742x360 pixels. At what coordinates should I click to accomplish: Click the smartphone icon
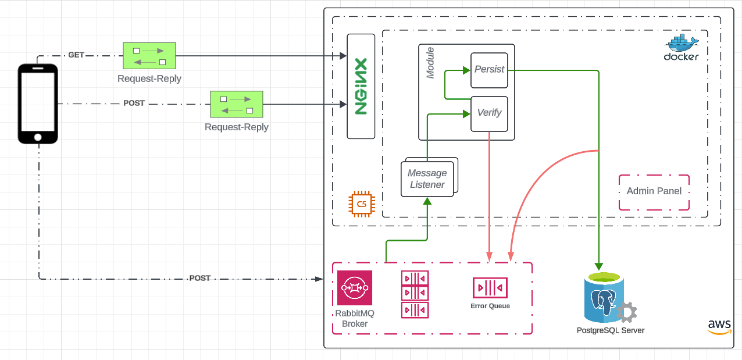(x=38, y=103)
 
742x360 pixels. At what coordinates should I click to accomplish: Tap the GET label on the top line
(x=76, y=55)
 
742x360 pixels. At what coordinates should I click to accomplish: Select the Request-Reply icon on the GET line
(x=149, y=56)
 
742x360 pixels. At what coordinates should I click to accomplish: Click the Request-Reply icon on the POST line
(x=237, y=105)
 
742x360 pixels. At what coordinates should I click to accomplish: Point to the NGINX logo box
(x=361, y=86)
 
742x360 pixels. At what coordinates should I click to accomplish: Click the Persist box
(x=489, y=69)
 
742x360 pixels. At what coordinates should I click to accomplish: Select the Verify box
(x=489, y=113)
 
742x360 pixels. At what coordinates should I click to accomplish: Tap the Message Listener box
(x=427, y=179)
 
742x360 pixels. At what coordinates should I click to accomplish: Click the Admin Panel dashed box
(x=654, y=191)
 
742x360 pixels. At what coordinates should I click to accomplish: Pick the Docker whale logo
(x=682, y=44)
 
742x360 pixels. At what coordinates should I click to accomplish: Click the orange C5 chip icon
(x=362, y=204)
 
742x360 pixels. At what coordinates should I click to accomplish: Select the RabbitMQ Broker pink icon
(x=355, y=287)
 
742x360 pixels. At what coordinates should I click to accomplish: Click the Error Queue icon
(x=490, y=288)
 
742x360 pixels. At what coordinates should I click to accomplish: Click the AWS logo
(x=719, y=327)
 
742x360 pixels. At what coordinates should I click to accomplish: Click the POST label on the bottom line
(x=199, y=279)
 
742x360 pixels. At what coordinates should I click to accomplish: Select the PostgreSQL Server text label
(x=610, y=330)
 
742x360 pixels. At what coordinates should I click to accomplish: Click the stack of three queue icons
(x=415, y=294)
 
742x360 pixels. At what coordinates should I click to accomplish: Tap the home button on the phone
(x=38, y=137)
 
